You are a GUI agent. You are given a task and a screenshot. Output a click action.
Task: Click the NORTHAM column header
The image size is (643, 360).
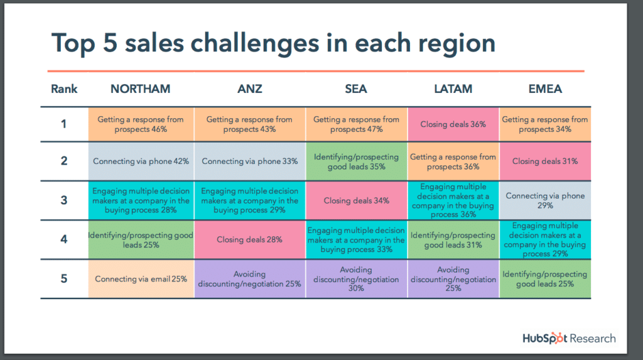pos(140,89)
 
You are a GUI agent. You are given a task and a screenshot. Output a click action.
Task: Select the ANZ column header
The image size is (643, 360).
pos(250,89)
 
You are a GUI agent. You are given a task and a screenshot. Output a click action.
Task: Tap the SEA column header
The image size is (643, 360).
pos(356,89)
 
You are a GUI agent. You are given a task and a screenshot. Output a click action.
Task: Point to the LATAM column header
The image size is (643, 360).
pos(453,89)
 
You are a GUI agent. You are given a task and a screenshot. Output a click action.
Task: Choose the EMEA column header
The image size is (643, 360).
pos(545,89)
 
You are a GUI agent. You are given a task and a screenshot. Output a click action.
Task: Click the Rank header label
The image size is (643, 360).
pos(64,89)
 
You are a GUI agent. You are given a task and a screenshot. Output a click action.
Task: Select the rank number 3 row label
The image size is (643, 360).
pos(64,200)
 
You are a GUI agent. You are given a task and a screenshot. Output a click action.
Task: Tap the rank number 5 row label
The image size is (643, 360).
pos(64,279)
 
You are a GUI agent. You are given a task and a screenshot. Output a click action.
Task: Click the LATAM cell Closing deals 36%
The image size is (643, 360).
pos(453,124)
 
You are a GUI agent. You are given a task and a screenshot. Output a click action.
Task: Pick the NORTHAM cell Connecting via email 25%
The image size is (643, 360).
pos(141,279)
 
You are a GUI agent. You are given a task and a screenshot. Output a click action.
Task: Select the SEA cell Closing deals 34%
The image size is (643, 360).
pos(357,200)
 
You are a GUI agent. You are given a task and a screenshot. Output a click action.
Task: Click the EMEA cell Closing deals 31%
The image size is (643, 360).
pos(545,161)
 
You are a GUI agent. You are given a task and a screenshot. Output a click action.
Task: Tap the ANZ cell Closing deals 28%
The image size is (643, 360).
pos(250,239)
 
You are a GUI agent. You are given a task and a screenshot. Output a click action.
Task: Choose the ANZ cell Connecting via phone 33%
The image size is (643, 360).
pos(250,161)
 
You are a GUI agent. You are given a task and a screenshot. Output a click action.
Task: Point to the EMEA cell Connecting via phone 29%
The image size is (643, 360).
pos(545,200)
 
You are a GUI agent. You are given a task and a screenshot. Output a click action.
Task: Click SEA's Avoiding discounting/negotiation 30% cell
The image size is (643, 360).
pos(357,279)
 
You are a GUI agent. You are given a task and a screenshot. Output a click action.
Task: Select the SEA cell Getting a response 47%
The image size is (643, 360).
pos(357,124)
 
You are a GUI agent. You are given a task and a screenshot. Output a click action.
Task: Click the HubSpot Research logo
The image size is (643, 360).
pos(569,338)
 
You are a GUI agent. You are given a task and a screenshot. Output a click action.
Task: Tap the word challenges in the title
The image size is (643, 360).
pos(255,43)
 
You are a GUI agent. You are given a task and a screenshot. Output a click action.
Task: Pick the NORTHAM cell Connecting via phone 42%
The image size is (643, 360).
pos(141,161)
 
